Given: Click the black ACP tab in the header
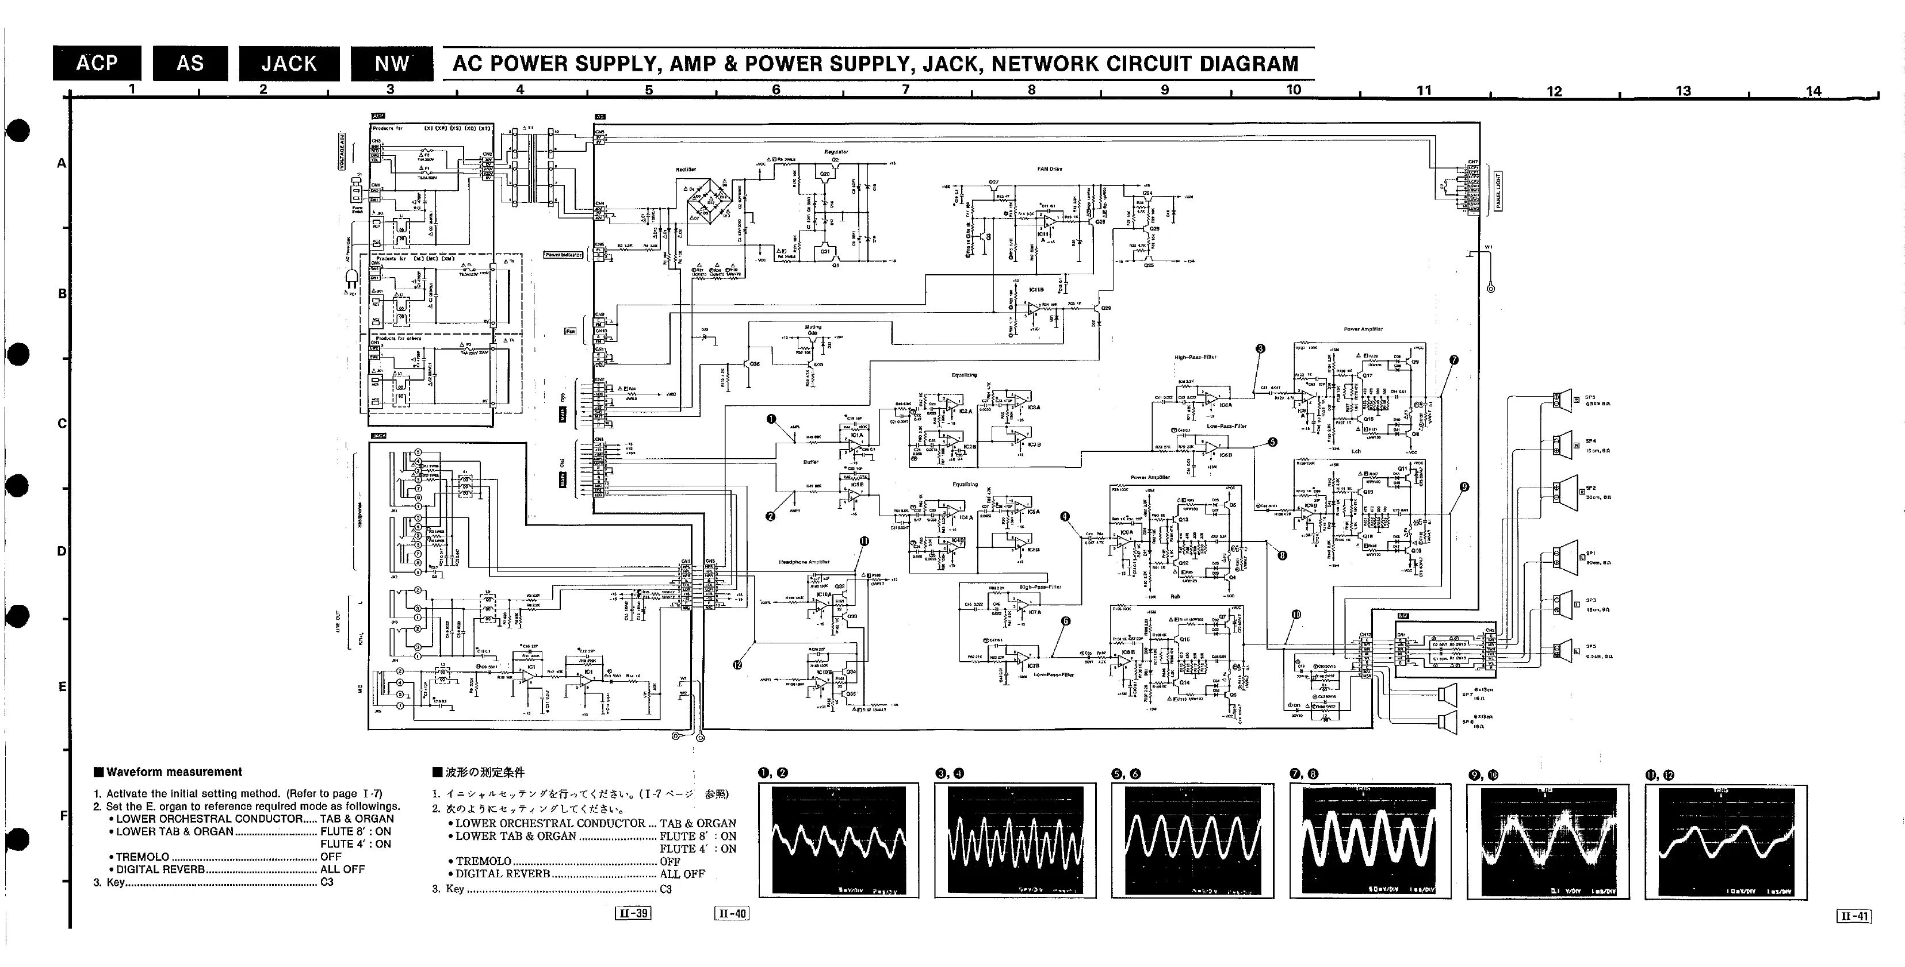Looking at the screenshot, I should (96, 64).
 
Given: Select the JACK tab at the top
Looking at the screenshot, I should (288, 64).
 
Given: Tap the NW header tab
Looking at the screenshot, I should (391, 64).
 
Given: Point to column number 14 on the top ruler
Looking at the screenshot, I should (1814, 91).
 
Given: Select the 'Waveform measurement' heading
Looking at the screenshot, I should (174, 772).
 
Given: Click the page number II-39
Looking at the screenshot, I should (633, 913).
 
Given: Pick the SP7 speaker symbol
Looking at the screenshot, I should (1447, 693).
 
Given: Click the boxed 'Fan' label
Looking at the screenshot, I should (570, 331).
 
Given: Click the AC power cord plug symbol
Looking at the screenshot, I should (350, 278).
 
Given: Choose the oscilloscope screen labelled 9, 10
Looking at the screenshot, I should (1548, 841).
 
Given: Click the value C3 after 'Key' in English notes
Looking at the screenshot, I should (327, 882).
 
